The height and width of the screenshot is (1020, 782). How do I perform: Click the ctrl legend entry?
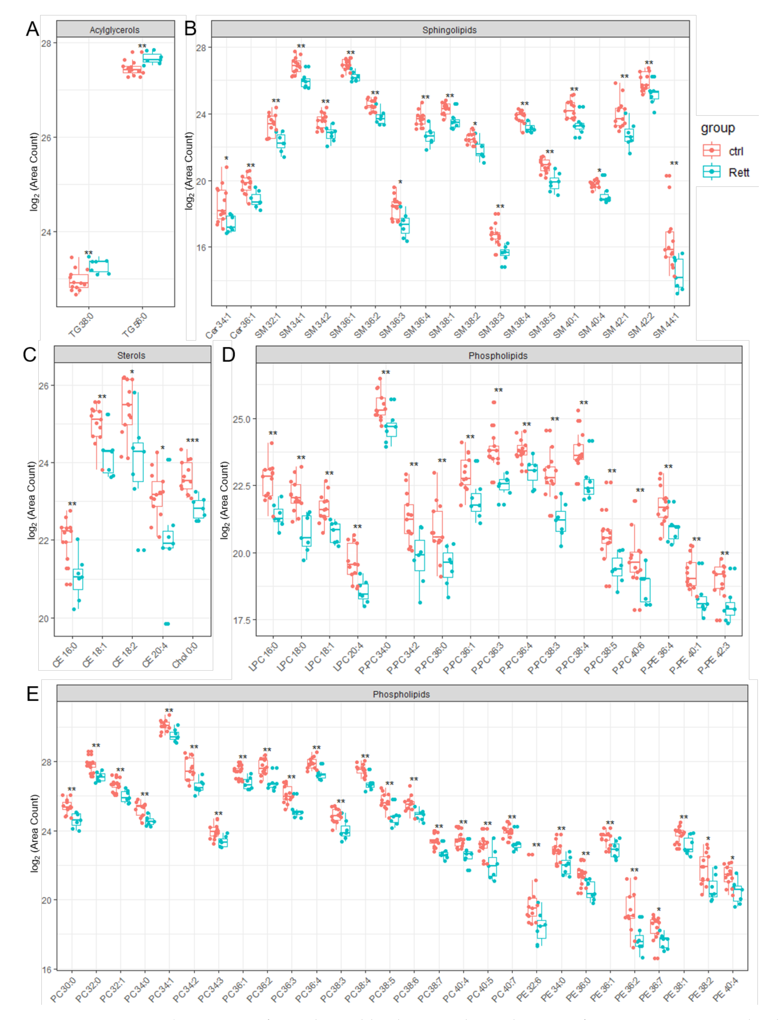coord(735,151)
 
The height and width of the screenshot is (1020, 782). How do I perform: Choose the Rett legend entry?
coord(738,173)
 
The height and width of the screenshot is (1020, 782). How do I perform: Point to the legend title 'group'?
coord(718,128)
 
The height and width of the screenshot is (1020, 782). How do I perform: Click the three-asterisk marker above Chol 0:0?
coord(192,440)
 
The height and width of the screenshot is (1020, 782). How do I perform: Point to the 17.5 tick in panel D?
coord(241,620)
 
